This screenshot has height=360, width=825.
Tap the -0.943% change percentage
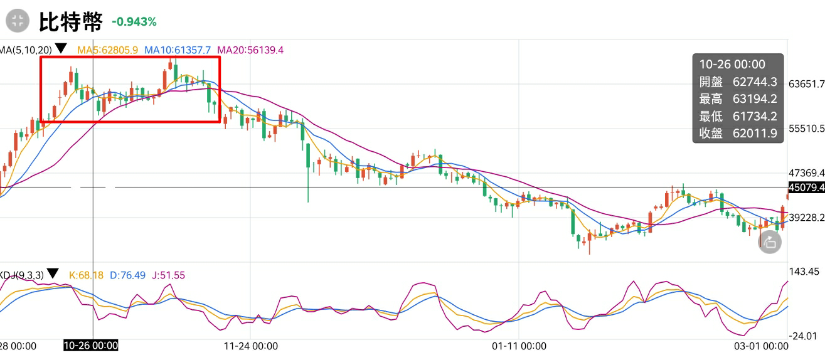[134, 22]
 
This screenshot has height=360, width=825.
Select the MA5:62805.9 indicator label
[107, 50]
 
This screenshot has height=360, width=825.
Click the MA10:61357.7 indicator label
[178, 50]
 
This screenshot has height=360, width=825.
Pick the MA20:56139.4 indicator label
[250, 50]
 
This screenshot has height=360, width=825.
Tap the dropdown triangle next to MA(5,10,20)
[61, 48]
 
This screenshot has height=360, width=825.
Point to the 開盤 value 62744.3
[755, 82]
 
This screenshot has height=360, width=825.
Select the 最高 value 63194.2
[755, 98]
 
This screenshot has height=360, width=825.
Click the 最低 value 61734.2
[755, 116]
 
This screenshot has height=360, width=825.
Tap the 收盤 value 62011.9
[755, 133]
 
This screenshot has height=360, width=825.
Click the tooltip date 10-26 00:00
[732, 64]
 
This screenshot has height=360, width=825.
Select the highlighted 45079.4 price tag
[806, 188]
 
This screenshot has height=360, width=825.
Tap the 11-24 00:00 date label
[250, 346]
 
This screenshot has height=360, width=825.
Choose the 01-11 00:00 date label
[519, 346]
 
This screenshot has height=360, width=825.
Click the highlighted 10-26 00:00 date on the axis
[91, 346]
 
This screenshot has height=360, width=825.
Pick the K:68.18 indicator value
[86, 275]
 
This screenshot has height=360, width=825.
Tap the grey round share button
[770, 242]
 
